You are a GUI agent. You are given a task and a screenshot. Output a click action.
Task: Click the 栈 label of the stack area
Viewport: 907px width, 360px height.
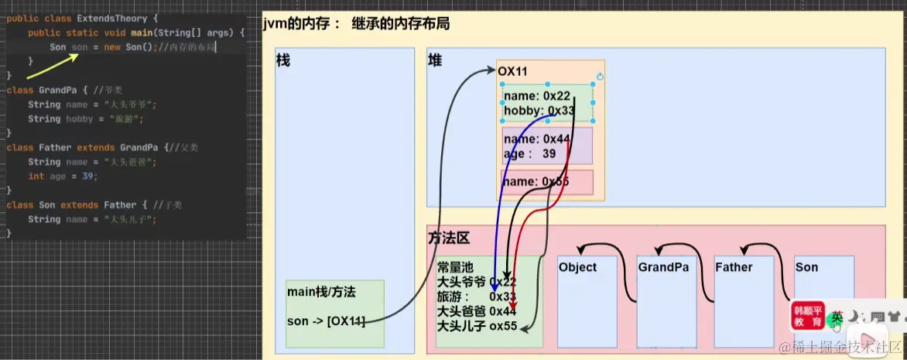[x=282, y=60]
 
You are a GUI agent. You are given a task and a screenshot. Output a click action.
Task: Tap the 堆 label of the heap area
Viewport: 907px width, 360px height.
[x=435, y=60]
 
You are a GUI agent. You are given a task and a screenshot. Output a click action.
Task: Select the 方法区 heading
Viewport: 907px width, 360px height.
[x=449, y=238]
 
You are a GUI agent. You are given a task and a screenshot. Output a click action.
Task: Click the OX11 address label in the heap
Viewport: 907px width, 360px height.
[x=512, y=71]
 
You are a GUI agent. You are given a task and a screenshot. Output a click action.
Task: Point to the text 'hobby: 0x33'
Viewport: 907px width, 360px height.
[x=539, y=111]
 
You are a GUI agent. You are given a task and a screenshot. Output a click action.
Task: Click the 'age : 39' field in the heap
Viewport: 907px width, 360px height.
[x=529, y=153]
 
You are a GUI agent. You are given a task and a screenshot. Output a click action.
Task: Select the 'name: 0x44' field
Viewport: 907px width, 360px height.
[x=537, y=139]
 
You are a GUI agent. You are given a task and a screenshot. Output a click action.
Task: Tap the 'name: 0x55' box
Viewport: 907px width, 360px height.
[x=546, y=182]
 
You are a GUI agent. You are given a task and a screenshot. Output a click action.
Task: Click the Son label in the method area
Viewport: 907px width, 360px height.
[x=806, y=267]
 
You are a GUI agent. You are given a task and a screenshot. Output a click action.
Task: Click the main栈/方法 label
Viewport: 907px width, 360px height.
[x=321, y=292]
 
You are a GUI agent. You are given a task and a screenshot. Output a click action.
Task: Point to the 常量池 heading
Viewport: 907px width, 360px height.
[x=453, y=267]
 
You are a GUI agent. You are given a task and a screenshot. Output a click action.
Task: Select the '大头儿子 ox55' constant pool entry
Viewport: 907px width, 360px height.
[x=476, y=325]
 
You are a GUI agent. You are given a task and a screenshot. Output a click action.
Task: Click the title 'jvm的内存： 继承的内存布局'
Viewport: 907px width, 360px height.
[x=356, y=24]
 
